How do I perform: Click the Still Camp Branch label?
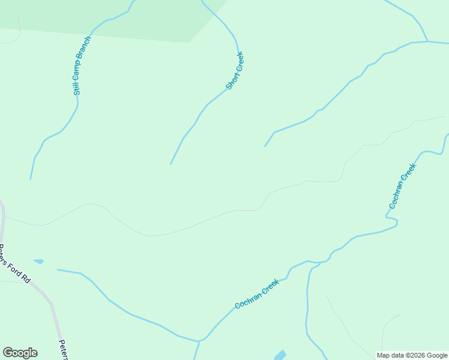pos(78,66)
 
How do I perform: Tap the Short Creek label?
pos(235,71)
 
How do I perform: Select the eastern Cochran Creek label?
pos(402,187)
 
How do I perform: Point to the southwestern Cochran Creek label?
pos(257,295)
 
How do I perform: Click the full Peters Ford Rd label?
pos(14,264)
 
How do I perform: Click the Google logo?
pos(20,353)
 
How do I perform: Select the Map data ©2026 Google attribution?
pos(412,355)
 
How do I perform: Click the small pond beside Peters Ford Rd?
pos(39,261)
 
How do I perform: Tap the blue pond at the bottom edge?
pos(280,355)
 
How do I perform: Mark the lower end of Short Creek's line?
pos(170,164)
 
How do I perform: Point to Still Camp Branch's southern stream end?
pos(31,179)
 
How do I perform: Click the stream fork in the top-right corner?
pos(427,41)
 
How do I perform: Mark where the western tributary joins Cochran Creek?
pos(199,341)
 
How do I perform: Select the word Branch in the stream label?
pos(86,47)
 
